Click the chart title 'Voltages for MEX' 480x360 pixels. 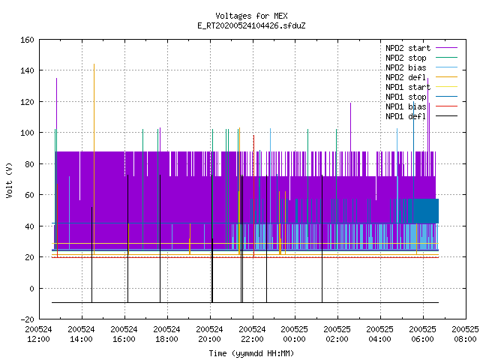251,16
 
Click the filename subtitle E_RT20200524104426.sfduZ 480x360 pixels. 251,25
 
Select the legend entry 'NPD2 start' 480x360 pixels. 421,48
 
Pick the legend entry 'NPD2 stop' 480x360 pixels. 421,58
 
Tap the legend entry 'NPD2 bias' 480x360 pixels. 421,67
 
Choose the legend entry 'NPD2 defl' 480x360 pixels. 421,77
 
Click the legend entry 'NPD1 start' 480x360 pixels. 421,87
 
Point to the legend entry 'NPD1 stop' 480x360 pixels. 421,97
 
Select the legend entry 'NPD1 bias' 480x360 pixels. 421,106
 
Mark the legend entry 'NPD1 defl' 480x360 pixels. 421,117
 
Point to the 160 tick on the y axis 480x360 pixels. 27,40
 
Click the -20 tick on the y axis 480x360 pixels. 27,319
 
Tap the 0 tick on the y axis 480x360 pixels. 31,289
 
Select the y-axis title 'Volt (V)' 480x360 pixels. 10,181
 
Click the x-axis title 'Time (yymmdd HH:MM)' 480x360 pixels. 251,353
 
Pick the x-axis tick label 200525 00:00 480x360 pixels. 294,334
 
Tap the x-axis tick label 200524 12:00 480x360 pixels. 38,334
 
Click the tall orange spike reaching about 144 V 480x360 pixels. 94,159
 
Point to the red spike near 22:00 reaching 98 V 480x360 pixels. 253,196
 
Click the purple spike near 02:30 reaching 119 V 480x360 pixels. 350,127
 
